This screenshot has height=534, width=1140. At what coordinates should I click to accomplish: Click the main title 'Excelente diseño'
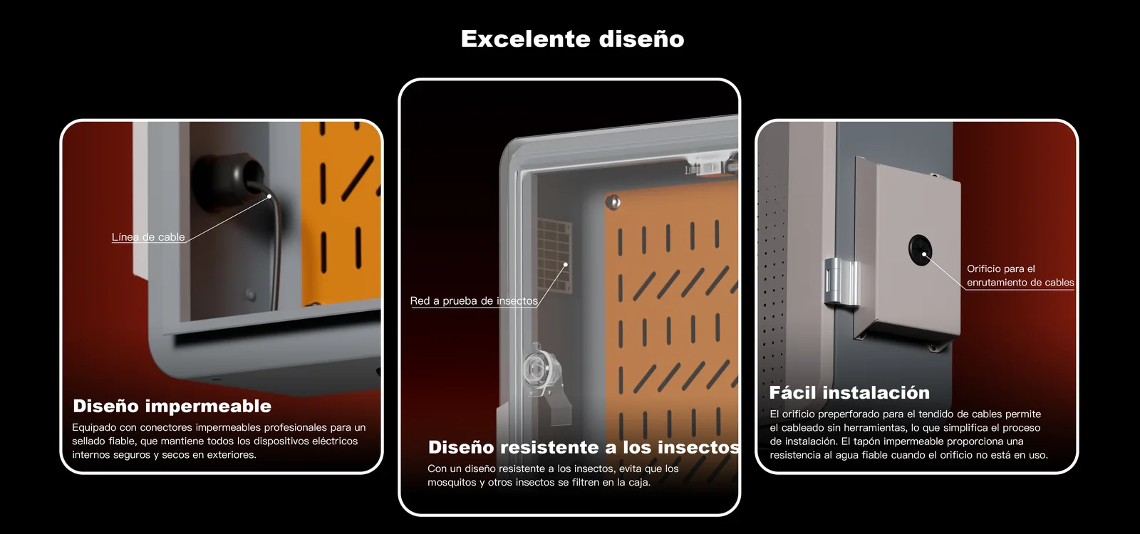point(573,39)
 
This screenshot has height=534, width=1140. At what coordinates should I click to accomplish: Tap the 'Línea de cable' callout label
point(148,237)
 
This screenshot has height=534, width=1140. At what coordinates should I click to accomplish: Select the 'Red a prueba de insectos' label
point(474,300)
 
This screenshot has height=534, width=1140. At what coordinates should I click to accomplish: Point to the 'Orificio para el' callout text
point(1000,269)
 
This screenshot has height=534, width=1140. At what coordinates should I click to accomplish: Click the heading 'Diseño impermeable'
point(172,406)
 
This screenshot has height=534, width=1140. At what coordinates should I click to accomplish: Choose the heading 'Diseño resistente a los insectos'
point(584,447)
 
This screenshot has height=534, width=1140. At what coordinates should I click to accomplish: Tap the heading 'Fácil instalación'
point(849,392)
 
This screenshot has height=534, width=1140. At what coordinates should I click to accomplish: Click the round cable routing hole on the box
point(920,250)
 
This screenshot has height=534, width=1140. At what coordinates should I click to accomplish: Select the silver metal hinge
point(841,282)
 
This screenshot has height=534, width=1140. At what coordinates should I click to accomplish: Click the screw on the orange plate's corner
point(613,202)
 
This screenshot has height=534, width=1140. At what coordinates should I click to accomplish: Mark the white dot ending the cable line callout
point(269,197)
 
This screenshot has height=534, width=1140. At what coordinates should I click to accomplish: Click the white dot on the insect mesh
point(566,264)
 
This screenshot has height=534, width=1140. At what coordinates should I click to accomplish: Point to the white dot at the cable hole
point(924,254)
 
